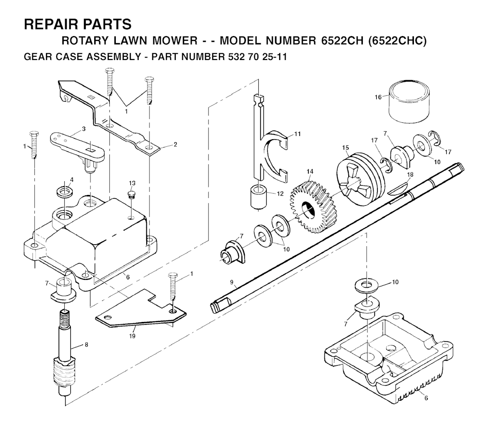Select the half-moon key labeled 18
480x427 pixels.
coord(397,189)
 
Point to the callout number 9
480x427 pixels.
coord(232,282)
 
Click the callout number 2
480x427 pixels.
coord(175,144)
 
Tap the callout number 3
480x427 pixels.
coord(83,129)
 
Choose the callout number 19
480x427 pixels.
coord(132,336)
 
